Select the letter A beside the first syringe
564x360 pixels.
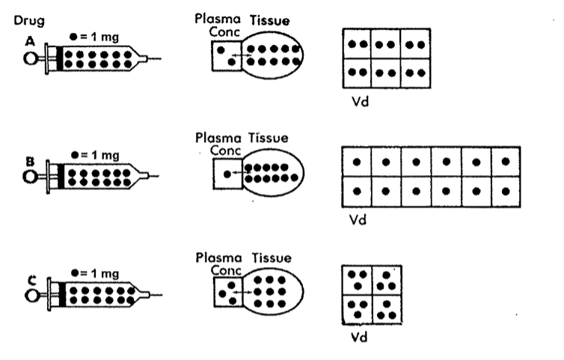tap(30, 43)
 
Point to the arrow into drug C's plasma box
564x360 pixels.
tap(239, 291)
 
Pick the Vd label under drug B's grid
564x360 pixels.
tap(358, 222)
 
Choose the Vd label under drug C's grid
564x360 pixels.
tap(358, 337)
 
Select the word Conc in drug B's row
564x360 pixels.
tap(223, 150)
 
